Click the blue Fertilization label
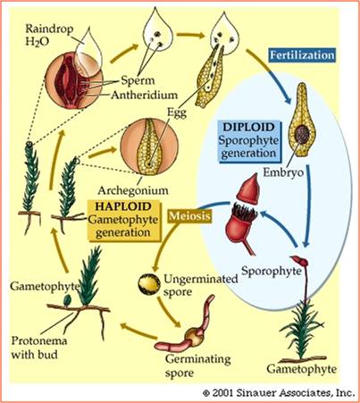(x=302, y=55)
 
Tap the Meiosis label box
(x=189, y=215)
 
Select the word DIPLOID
(x=249, y=127)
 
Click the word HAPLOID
(x=123, y=206)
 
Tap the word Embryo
(x=283, y=172)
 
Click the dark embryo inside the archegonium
(x=303, y=134)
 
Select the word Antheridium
(x=145, y=96)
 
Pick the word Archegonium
(x=133, y=190)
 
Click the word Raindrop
(x=49, y=29)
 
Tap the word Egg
(x=177, y=113)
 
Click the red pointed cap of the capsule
(x=249, y=189)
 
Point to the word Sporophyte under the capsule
(x=271, y=271)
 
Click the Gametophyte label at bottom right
(x=301, y=369)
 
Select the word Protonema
(x=39, y=340)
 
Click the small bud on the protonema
(x=68, y=299)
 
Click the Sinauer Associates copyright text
(x=279, y=393)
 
